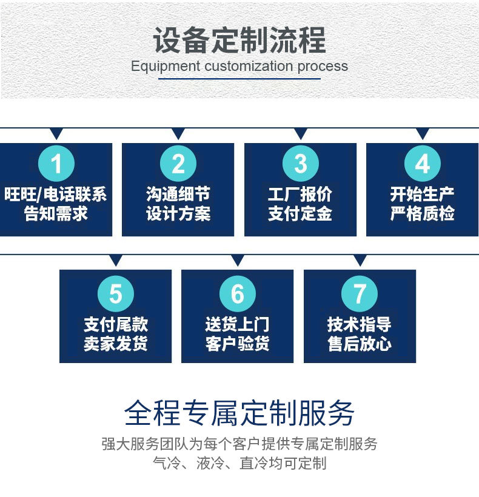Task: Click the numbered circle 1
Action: tap(56, 164)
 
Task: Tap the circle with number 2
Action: tap(178, 164)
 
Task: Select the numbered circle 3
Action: tap(301, 164)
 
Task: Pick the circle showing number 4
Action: tap(423, 164)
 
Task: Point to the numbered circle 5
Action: tap(115, 295)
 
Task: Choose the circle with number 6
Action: tap(237, 295)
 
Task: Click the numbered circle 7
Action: tap(360, 295)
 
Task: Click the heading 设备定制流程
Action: tap(239, 40)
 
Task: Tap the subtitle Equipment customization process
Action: tap(239, 66)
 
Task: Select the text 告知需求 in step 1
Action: tap(56, 213)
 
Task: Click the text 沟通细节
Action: tap(178, 195)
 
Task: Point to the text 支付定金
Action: tap(301, 213)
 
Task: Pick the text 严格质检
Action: tap(423, 213)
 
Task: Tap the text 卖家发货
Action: tap(115, 344)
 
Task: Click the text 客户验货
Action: tap(237, 344)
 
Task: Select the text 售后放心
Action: tap(360, 344)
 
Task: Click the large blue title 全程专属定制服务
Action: tap(239, 413)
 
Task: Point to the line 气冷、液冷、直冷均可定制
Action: tap(239, 464)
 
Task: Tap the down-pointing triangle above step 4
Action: tap(423, 134)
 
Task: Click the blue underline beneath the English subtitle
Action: tap(239, 79)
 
